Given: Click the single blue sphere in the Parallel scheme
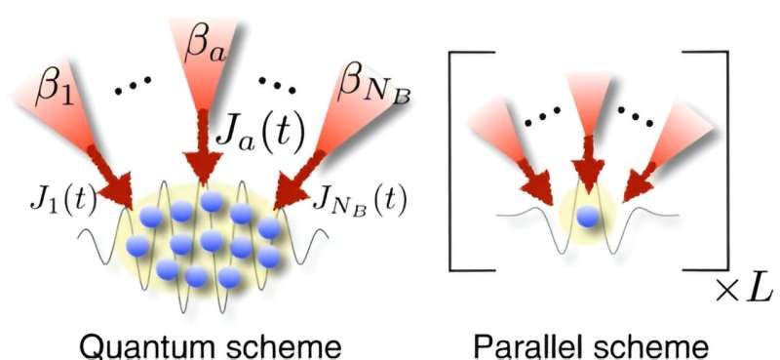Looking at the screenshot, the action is pyautogui.click(x=587, y=217).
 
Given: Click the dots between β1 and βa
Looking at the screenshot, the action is pyautogui.click(x=135, y=91).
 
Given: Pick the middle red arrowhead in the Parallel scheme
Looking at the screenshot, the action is pyautogui.click(x=585, y=176).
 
